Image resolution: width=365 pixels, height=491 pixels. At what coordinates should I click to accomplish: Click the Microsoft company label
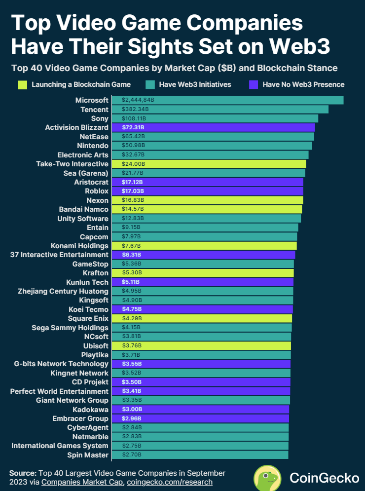[92, 100]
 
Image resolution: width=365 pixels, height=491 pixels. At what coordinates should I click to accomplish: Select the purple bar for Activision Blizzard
[214, 127]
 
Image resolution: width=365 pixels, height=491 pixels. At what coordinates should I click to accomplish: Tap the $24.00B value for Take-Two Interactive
[133, 164]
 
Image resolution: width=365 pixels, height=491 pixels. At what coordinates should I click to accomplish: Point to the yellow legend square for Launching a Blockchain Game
[23, 84]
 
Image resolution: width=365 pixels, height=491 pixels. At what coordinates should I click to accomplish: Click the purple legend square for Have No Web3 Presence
[254, 84]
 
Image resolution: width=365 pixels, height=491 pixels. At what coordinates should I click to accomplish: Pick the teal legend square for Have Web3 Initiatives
[150, 84]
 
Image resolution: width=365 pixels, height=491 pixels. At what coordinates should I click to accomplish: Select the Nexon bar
[208, 200]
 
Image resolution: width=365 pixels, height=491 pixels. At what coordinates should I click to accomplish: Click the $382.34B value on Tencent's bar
[135, 109]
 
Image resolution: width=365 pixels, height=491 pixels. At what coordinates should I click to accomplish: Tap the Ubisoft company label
[96, 346]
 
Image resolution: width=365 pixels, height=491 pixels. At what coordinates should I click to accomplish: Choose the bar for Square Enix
[202, 318]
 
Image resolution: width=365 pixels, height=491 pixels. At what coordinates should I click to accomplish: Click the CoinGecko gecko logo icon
[267, 478]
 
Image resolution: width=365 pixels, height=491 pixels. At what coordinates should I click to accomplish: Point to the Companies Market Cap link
[82, 482]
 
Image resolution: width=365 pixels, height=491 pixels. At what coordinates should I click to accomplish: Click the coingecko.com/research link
[170, 482]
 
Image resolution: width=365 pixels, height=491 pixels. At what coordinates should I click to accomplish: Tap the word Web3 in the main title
[300, 46]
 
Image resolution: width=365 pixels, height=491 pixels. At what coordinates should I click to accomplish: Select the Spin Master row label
[88, 455]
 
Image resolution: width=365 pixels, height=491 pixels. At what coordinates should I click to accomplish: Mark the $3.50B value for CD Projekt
[132, 382]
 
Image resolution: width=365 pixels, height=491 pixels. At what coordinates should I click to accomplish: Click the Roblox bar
[208, 191]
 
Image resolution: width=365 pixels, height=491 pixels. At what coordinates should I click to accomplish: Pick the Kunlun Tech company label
[87, 282]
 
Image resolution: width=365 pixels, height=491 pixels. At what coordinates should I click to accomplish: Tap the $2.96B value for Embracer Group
[132, 418]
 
